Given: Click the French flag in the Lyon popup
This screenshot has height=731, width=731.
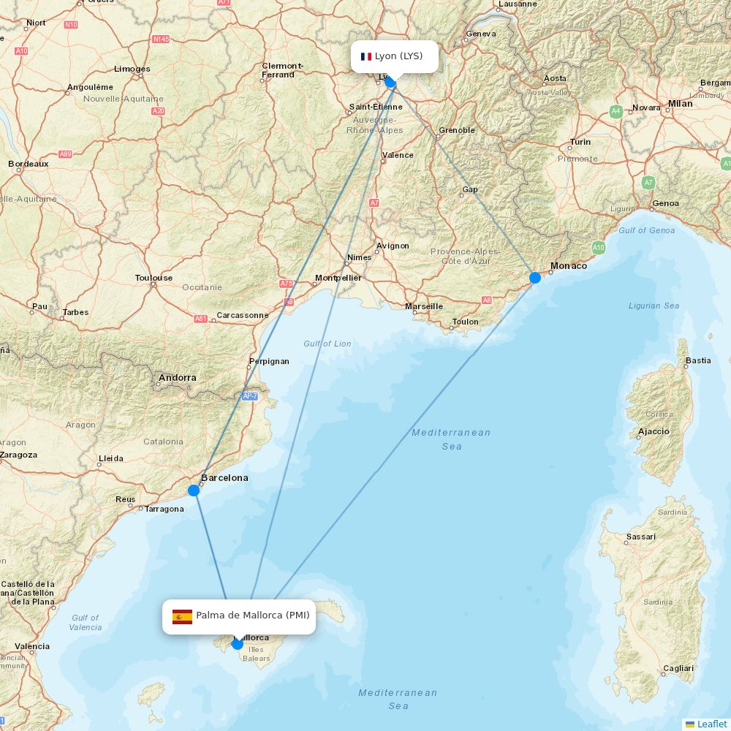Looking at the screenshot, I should [x=366, y=56].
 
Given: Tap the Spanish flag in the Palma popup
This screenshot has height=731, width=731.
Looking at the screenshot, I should [x=182, y=616].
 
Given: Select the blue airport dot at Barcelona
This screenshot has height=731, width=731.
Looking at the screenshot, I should [x=194, y=490].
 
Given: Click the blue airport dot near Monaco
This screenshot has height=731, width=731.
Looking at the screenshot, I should [x=535, y=277].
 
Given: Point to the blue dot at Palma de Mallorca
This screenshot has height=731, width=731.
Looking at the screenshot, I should [x=238, y=644].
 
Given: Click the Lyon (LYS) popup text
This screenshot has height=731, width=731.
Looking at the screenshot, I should [x=398, y=56].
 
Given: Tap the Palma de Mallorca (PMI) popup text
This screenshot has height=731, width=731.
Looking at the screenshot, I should [x=252, y=616].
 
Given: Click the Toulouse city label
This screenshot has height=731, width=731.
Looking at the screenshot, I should [x=154, y=278].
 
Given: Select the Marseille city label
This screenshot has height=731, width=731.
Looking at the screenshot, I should [x=424, y=306].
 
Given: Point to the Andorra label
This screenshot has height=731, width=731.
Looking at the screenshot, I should [x=178, y=378].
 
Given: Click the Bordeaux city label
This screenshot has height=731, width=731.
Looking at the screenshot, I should [x=29, y=164].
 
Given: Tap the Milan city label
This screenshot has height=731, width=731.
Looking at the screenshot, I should [x=680, y=104].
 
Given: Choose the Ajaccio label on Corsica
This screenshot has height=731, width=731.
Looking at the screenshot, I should [x=654, y=431].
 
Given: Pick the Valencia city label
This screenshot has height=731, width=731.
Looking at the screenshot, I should [x=33, y=646].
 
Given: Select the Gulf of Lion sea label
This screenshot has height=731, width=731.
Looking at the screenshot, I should [x=327, y=344].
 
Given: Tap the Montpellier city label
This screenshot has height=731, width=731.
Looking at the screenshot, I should [x=338, y=278].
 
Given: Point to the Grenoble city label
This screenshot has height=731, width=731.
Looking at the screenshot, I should [x=457, y=130].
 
